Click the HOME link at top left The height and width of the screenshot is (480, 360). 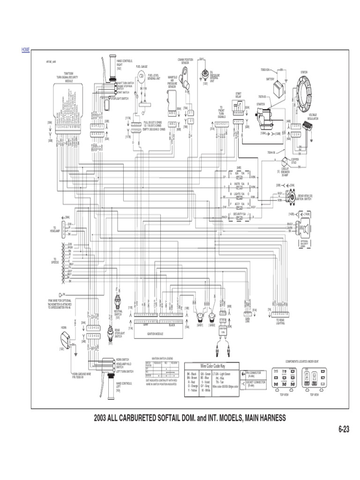[26, 49]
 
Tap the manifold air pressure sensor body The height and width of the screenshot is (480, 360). [173, 100]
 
